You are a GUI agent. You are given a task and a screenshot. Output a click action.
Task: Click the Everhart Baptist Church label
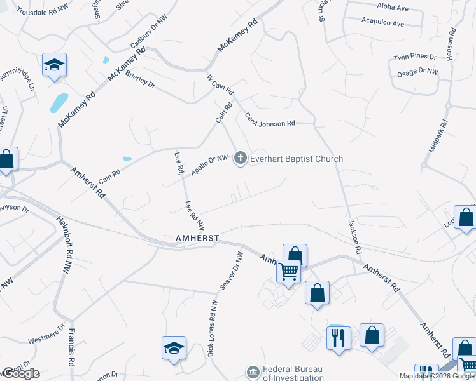pos(297,159)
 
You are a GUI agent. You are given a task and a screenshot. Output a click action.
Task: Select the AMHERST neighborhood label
pos(197,238)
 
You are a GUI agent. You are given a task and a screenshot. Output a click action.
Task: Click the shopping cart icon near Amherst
pos(289,271)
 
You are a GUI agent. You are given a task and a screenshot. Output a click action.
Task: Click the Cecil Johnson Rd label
pos(270,119)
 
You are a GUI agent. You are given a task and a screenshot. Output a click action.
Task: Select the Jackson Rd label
pos(354,237)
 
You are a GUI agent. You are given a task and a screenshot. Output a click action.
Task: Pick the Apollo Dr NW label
pos(209,166)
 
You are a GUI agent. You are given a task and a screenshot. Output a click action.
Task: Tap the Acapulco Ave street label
pos(382,23)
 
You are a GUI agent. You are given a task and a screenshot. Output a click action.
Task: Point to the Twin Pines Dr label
pos(414,57)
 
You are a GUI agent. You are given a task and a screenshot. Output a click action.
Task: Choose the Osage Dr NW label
pos(417,72)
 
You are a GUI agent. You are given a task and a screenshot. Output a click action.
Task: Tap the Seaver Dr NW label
pos(231,271)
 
